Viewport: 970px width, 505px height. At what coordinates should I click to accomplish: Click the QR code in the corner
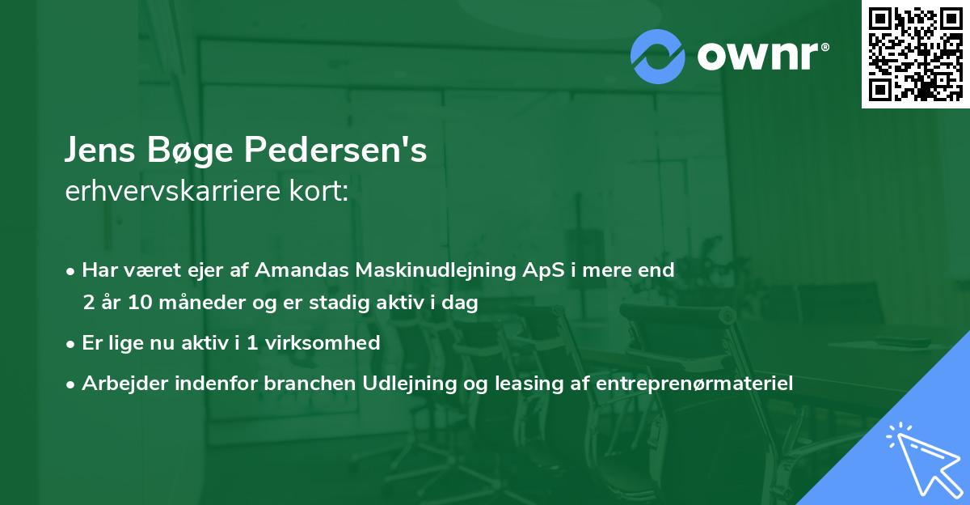click(916, 53)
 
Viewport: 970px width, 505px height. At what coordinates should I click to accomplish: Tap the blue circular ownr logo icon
click(658, 55)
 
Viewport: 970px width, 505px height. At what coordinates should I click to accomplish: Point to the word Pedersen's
click(337, 151)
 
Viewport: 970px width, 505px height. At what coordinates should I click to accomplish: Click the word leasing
click(496, 383)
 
